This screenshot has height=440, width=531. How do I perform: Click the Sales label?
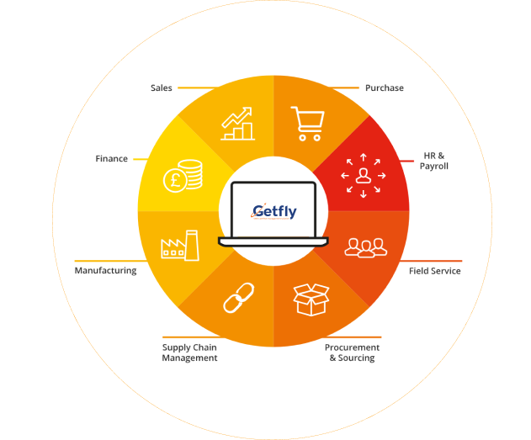(x=162, y=88)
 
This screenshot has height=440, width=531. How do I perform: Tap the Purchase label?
(x=385, y=88)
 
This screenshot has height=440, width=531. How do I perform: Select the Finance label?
(x=111, y=159)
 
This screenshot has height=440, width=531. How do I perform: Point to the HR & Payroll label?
(x=434, y=161)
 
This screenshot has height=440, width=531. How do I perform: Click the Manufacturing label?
(x=106, y=271)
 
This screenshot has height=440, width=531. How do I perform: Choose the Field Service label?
(x=435, y=271)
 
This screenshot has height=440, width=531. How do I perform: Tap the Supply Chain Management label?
(x=189, y=353)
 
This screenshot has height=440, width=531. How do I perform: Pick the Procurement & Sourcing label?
(x=353, y=353)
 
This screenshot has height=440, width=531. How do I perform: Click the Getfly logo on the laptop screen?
(x=273, y=212)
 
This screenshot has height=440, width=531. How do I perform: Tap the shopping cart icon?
(x=307, y=124)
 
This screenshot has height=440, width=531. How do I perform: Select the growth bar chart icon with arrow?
(x=237, y=124)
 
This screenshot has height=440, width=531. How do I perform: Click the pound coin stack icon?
(x=183, y=176)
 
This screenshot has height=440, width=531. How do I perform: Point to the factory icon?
(x=180, y=246)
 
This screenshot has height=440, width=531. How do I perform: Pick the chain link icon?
(x=239, y=298)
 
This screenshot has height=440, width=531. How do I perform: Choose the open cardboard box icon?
(x=311, y=300)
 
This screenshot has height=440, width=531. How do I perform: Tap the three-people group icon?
(x=366, y=248)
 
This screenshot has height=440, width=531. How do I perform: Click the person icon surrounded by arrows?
(x=364, y=175)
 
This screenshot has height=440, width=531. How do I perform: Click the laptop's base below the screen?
(x=273, y=241)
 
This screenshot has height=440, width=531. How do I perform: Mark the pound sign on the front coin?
(x=175, y=180)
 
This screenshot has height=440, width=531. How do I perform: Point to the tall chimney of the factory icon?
(x=192, y=246)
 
